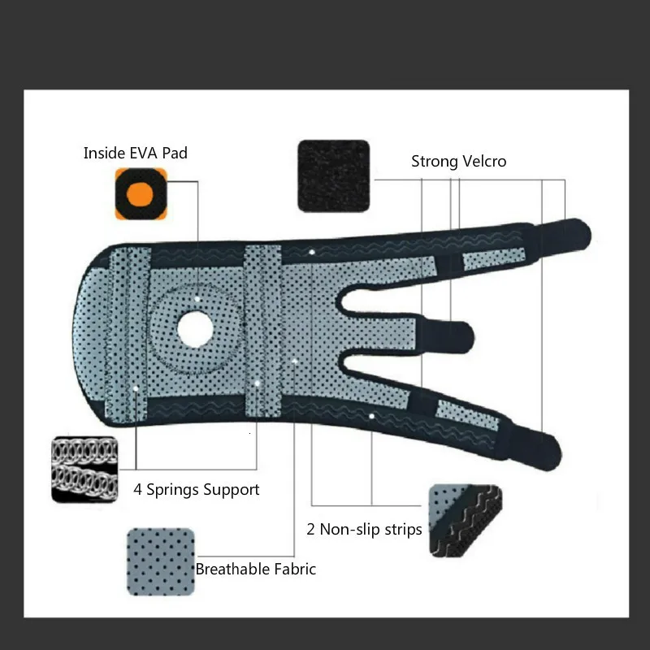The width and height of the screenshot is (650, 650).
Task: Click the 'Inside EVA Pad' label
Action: (x=135, y=153)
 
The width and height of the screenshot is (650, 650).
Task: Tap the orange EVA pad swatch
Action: (x=141, y=193)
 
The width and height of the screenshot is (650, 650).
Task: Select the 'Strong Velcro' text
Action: (x=458, y=161)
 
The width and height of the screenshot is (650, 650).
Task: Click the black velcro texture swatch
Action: (x=333, y=176)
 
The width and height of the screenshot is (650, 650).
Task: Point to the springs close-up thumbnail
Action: (x=85, y=469)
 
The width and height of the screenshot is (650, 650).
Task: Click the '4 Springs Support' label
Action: (x=196, y=490)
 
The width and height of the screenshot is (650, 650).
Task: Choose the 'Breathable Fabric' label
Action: (x=255, y=569)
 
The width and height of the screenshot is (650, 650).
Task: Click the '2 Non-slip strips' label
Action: (x=364, y=530)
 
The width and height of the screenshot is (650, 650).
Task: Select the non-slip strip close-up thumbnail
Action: (x=466, y=521)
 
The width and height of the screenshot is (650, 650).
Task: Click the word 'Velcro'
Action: (x=483, y=161)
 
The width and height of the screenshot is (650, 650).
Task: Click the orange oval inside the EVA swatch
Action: (x=141, y=194)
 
